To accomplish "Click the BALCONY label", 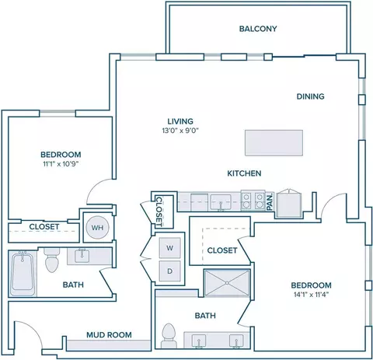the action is click(258, 29).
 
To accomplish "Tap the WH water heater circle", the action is click(97, 228).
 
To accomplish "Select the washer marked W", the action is click(169, 248).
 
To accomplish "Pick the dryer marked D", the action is click(169, 271).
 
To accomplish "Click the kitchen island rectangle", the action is click(274, 143).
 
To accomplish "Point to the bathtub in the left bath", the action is click(23, 273).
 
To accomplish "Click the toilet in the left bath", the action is click(52, 260).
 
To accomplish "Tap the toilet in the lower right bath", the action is click(169, 336).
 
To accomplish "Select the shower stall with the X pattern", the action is click(227, 283).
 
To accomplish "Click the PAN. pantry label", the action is click(270, 201).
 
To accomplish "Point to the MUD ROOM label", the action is click(109, 335).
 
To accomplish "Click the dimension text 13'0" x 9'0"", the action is click(180, 131).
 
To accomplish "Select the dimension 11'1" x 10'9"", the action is click(61, 164).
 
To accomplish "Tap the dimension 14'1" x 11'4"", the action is click(311, 295).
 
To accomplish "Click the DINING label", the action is click(310, 96).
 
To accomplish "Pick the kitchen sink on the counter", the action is click(221, 202).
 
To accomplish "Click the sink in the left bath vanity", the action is click(82, 255).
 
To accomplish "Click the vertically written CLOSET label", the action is click(159, 211).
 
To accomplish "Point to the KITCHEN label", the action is click(244, 173).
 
